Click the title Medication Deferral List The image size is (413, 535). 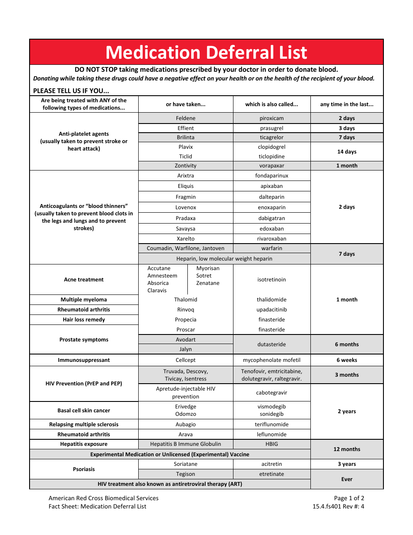tap(206, 52)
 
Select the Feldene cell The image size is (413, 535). tap(186, 118)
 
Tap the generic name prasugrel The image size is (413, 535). tap(272, 128)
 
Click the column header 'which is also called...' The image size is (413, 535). tap(272, 104)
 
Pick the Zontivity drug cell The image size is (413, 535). tap(186, 166)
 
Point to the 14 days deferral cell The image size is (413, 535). tap(347, 152)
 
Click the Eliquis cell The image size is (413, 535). tap(186, 186)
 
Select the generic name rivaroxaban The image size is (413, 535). tap(272, 239)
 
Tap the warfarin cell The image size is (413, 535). tap(272, 248)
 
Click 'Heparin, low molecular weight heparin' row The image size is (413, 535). tap(224, 259)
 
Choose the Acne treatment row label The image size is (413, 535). tap(84, 280)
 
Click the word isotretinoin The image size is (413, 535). tap(272, 280)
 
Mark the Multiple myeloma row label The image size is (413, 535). tap(84, 300)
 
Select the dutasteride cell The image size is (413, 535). tap(272, 344)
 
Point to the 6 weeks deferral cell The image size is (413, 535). tap(347, 360)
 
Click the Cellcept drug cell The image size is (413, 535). tap(186, 360)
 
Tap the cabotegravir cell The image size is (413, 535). tap(272, 393)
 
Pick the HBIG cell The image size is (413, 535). tap(272, 444)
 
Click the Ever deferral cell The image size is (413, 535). tap(347, 479)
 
